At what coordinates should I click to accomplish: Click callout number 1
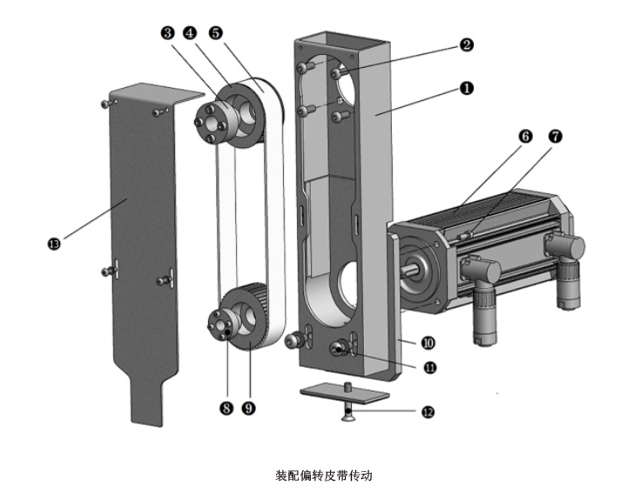(x=467, y=88)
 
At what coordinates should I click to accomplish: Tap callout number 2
(x=467, y=44)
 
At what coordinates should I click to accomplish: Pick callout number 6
(x=525, y=137)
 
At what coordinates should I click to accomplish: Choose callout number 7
(x=555, y=137)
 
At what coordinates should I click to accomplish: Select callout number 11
(x=429, y=368)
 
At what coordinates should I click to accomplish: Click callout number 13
(x=54, y=245)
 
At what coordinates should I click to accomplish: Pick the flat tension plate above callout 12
(x=344, y=394)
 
